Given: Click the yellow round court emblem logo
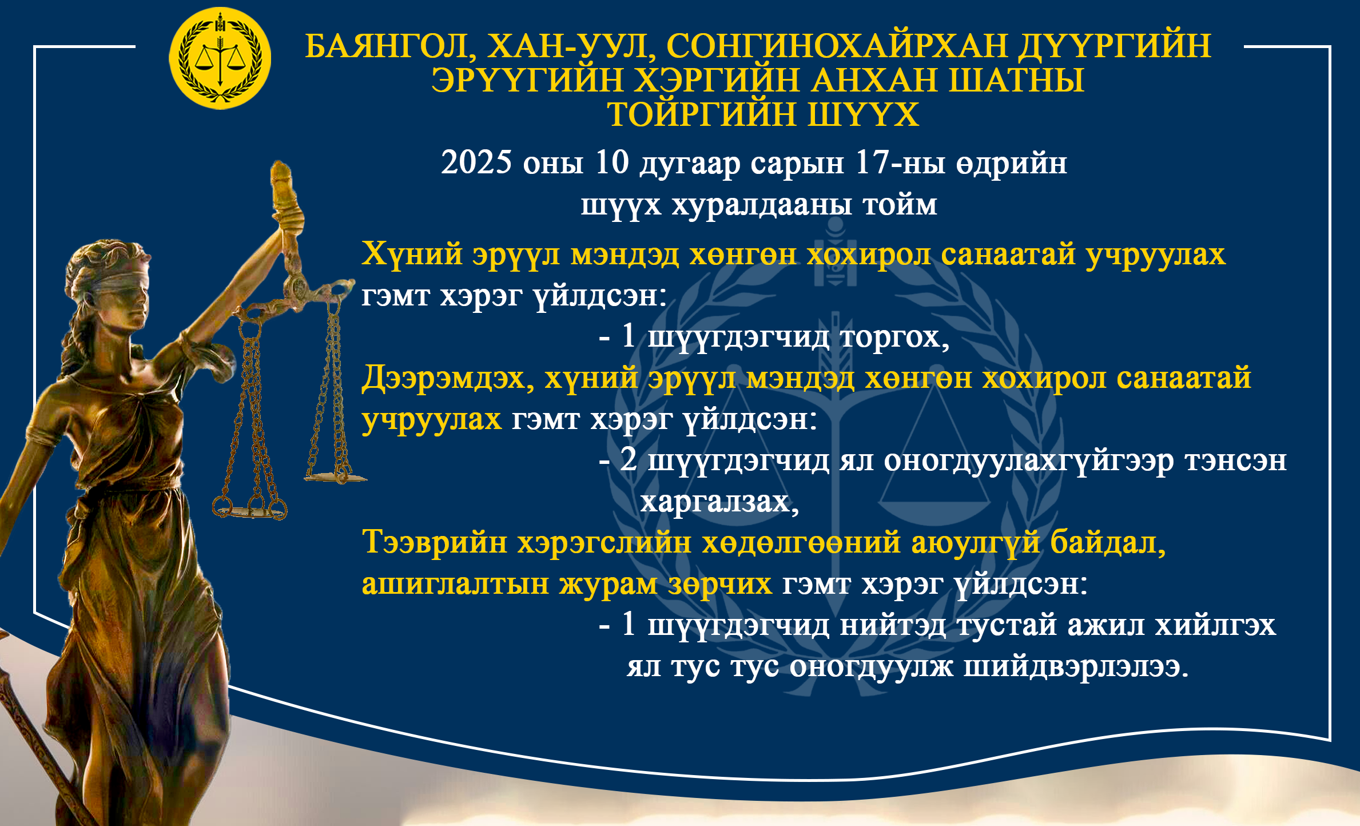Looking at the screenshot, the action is [220, 58].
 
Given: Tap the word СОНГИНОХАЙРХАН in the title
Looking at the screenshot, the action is [837, 46].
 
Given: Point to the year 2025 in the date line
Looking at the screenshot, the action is [476, 162].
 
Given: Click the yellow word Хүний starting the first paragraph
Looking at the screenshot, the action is [412, 253].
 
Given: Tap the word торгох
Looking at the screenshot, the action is [895, 337].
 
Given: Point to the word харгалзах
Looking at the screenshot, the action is [719, 502].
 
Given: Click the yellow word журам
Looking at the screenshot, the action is [609, 585].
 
